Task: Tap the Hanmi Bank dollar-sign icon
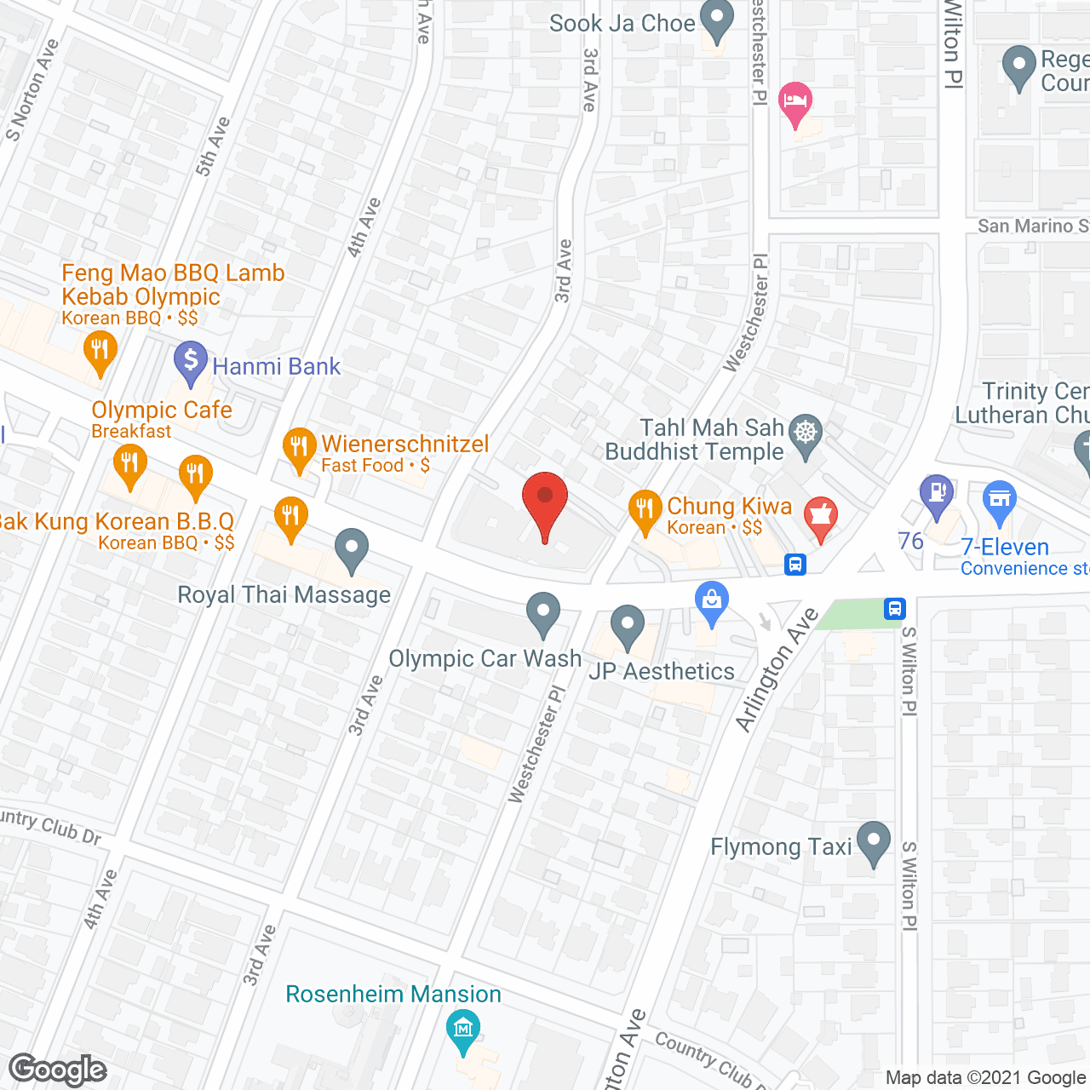point(191,361)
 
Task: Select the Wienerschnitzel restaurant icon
point(299,448)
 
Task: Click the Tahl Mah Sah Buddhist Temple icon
point(806,433)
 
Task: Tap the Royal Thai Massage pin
point(351,548)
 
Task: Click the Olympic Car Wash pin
point(542,612)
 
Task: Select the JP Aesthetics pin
point(628,624)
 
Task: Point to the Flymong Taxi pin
point(873,840)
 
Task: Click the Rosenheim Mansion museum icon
point(463,1029)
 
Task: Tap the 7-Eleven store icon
point(1000,501)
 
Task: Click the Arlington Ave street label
point(777,670)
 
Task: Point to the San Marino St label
point(1032,226)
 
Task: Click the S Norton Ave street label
point(32,89)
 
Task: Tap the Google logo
point(58,1070)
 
